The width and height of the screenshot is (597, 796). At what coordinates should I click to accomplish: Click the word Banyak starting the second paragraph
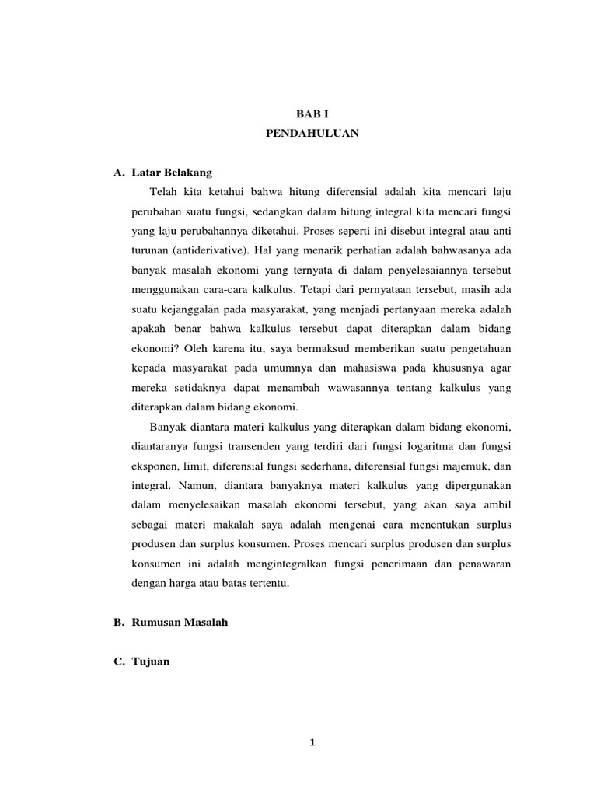coord(166,426)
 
